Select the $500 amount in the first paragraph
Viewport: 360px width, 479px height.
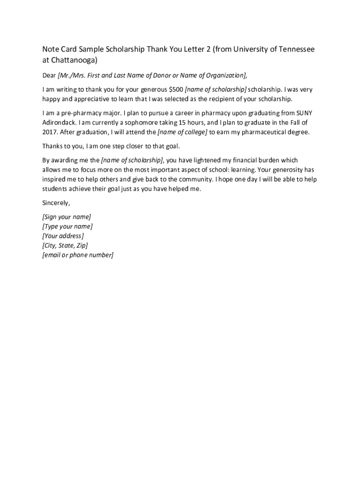click(x=175, y=89)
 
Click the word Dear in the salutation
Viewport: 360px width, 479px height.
click(x=49, y=75)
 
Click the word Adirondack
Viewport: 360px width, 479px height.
click(x=59, y=123)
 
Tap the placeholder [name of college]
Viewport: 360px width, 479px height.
click(x=182, y=132)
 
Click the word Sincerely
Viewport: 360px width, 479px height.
click(x=56, y=203)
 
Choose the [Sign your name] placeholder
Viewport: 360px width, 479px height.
click(x=66, y=217)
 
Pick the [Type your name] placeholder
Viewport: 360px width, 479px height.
click(x=67, y=226)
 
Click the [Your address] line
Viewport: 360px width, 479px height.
click(x=63, y=236)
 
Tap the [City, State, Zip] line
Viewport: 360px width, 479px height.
click(x=65, y=245)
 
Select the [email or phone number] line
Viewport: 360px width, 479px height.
click(x=78, y=255)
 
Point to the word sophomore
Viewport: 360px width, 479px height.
click(x=139, y=123)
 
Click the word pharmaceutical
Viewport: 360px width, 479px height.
click(x=265, y=132)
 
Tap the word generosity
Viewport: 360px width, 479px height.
click(x=286, y=170)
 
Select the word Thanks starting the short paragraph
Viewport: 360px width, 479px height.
click(x=52, y=146)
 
